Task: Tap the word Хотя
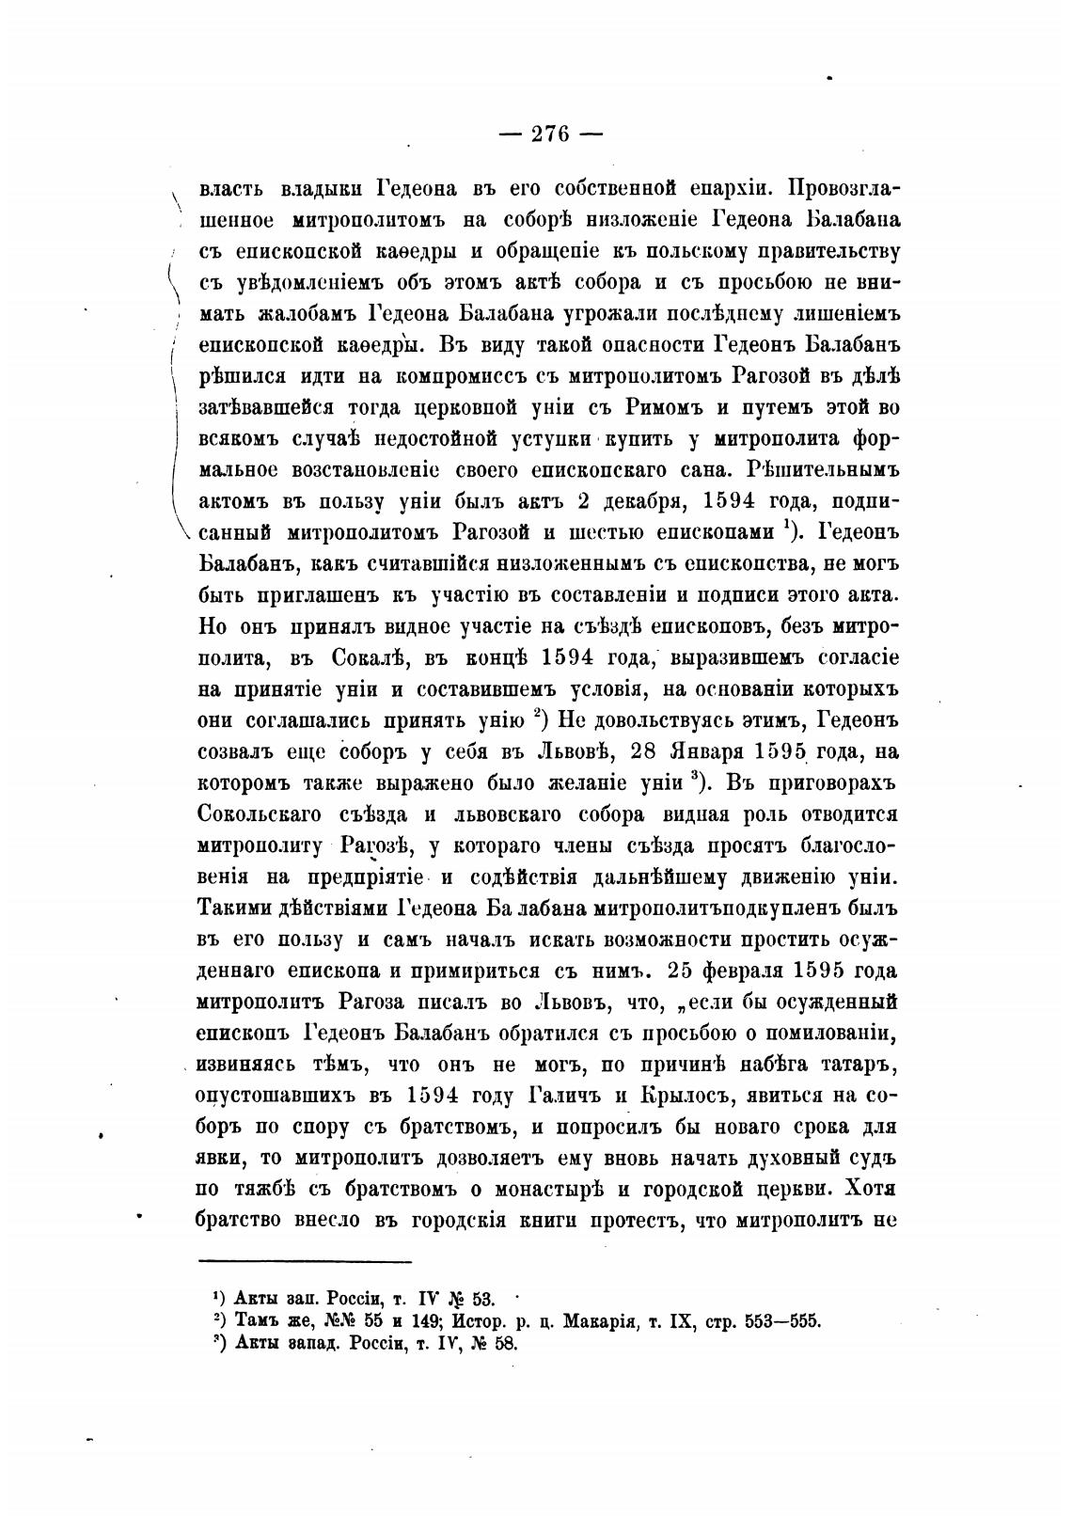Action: coord(872,1187)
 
